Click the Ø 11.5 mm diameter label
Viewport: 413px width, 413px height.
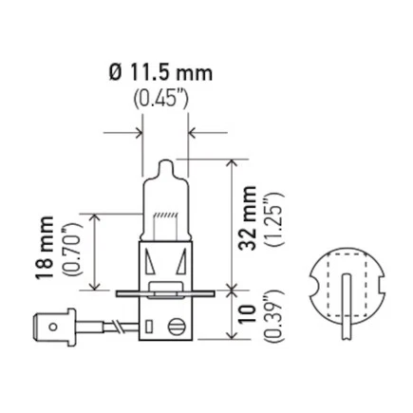pyautogui.click(x=161, y=72)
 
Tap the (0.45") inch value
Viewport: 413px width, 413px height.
pyautogui.click(x=161, y=96)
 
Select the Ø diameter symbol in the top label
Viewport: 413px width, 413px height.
pyautogui.click(x=116, y=72)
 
